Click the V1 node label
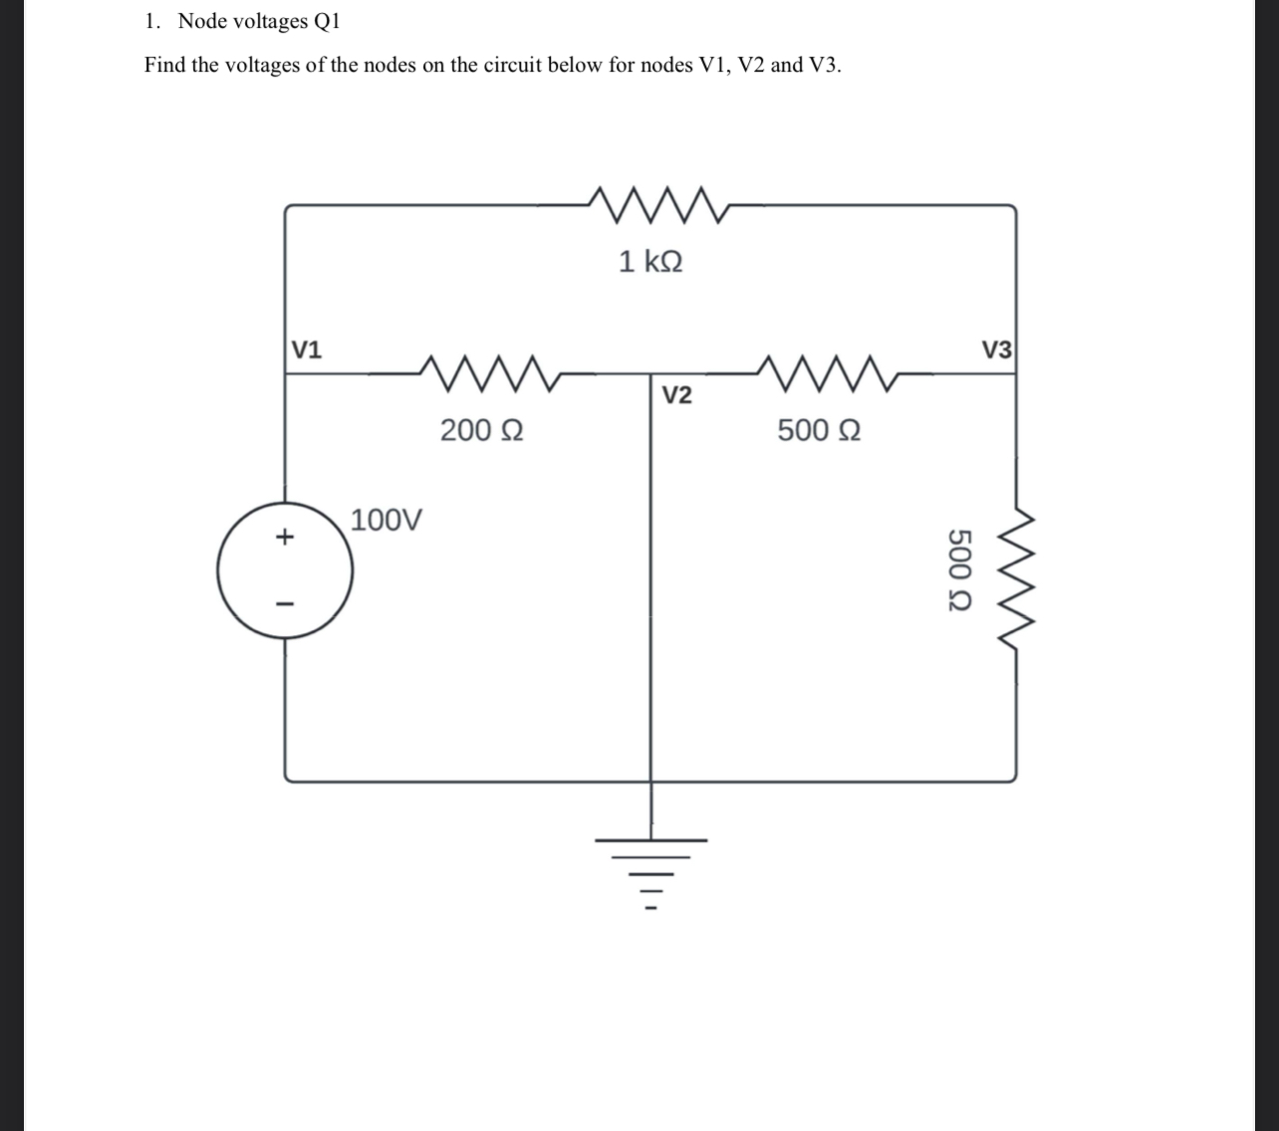pyautogui.click(x=306, y=349)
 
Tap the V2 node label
pyautogui.click(x=676, y=395)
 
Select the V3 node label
pyautogui.click(x=996, y=349)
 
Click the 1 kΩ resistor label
pyautogui.click(x=650, y=262)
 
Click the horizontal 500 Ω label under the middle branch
pyautogui.click(x=819, y=430)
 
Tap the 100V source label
pyautogui.click(x=386, y=519)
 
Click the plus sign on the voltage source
pyautogui.click(x=285, y=538)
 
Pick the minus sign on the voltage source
pyautogui.click(x=285, y=603)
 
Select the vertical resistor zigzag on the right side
pyautogui.click(x=1017, y=580)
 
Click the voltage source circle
pyautogui.click(x=285, y=570)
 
